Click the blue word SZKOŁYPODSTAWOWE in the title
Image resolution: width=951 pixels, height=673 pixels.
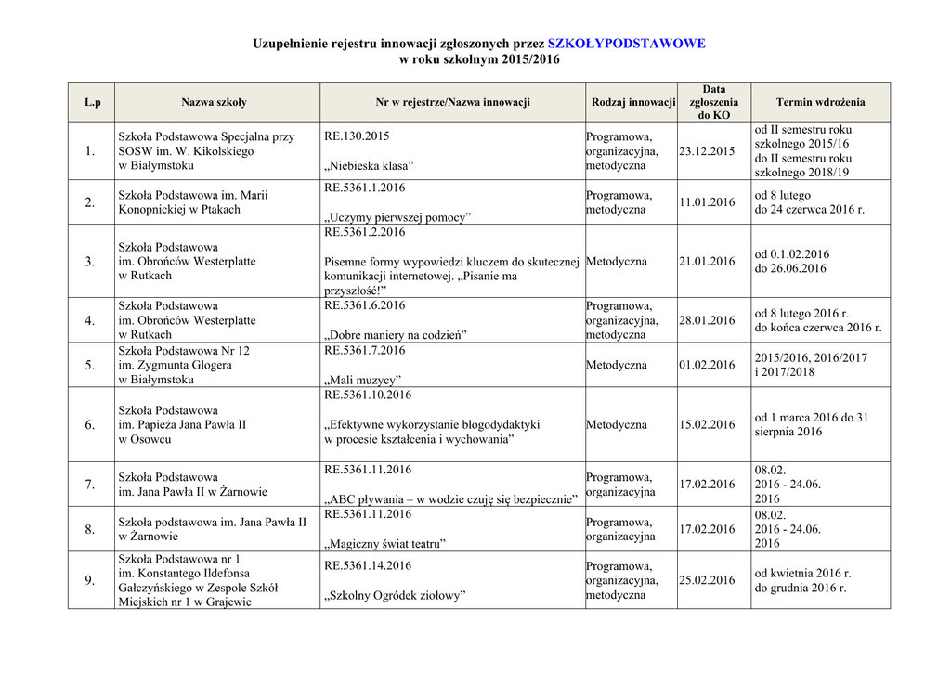(x=627, y=44)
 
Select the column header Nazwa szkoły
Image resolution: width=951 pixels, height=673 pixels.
(x=214, y=102)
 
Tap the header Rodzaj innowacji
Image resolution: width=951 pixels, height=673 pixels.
(x=632, y=102)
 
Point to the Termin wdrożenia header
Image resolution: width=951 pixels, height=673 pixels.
(x=820, y=102)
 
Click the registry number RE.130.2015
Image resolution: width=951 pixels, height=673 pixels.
(x=357, y=136)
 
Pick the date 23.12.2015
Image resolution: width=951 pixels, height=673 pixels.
(x=707, y=151)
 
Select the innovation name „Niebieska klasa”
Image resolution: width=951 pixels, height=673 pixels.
(x=369, y=166)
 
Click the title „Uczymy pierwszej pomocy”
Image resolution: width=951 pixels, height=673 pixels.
(x=397, y=217)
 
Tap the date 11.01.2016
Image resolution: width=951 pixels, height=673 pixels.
(x=707, y=202)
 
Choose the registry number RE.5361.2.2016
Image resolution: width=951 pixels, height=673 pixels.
(x=364, y=232)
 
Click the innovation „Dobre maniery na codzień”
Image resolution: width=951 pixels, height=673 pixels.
(x=396, y=335)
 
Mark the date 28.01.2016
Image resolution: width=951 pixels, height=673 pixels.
(x=707, y=320)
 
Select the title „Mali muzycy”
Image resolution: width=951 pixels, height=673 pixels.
(x=362, y=380)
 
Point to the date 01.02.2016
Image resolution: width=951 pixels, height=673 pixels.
(x=707, y=365)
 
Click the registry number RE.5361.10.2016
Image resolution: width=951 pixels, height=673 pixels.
(x=368, y=395)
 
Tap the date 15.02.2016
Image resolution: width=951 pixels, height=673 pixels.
(x=707, y=424)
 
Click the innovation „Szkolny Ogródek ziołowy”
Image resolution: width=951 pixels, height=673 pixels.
(x=395, y=595)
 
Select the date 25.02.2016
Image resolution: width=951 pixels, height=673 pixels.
(x=707, y=580)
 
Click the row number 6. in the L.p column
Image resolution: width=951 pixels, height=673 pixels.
(x=90, y=425)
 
